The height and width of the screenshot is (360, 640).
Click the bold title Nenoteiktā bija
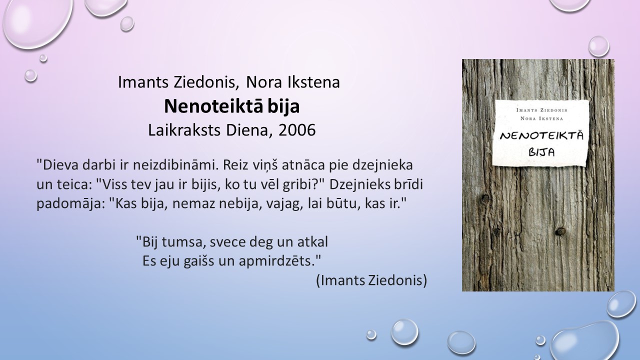click(x=231, y=106)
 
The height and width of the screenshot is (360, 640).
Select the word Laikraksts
click(x=184, y=130)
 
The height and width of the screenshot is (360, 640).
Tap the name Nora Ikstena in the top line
click(x=293, y=82)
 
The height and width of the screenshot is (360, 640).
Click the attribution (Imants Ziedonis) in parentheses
click(x=371, y=280)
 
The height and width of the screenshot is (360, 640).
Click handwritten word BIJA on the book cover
click(x=541, y=151)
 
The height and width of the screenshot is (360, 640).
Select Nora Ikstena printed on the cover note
click(x=541, y=118)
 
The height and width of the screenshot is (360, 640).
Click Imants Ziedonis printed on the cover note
click(x=541, y=110)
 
